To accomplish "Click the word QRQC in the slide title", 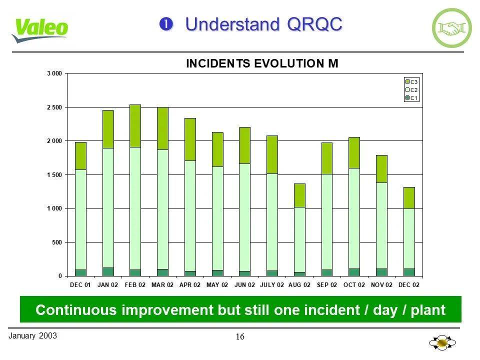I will click(314, 23).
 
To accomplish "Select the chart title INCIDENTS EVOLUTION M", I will click(262, 63).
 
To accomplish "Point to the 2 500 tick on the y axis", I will click(54, 107).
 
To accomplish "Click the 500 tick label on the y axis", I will click(56, 242).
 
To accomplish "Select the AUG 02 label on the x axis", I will click(299, 285).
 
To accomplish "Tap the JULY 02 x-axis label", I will click(272, 285).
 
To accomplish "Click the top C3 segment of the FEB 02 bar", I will click(135, 125).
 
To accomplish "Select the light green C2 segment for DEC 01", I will click(80, 219).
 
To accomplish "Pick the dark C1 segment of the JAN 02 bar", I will click(108, 271).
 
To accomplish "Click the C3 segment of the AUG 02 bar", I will click(299, 195).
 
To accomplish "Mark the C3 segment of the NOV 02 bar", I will click(381, 168).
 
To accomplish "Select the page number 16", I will click(240, 336).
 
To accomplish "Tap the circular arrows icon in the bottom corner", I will click(442, 343).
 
